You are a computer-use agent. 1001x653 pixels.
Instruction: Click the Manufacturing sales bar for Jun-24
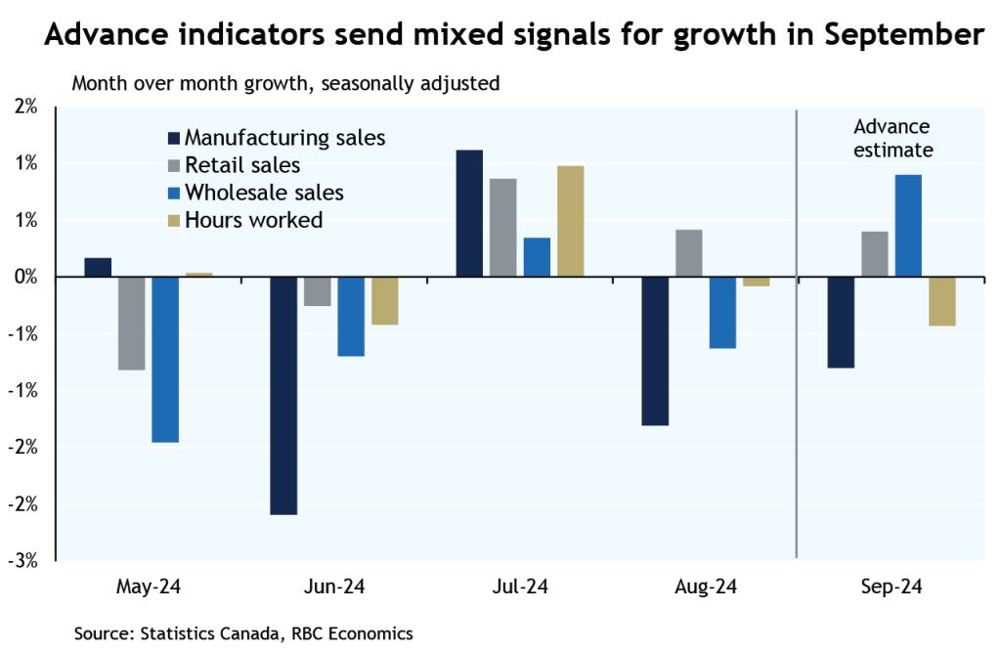283,395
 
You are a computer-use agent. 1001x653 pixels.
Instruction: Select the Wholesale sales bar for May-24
165,360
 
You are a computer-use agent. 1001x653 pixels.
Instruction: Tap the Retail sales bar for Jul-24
503,228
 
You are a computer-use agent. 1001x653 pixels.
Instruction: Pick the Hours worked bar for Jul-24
570,221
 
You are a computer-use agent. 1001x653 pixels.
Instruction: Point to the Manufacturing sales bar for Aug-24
655,351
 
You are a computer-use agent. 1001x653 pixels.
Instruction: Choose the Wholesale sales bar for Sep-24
907,226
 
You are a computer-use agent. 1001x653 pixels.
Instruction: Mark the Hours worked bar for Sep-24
941,301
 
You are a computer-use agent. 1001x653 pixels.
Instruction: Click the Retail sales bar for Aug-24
688,253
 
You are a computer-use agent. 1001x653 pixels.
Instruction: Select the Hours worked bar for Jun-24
384,301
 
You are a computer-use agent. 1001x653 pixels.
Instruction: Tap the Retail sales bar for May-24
131,324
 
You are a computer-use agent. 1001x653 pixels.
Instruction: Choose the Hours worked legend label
253,220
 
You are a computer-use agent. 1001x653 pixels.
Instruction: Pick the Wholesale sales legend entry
264,193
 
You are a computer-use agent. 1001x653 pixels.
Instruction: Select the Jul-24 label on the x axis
519,588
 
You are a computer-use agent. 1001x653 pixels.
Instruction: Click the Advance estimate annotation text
892,139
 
